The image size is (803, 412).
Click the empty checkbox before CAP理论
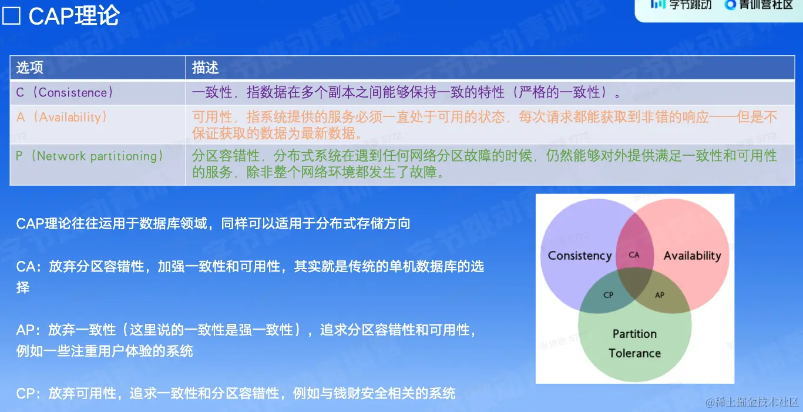11,16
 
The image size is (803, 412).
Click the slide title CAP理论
74,16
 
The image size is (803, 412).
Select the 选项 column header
30,68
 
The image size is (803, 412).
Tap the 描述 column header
205,68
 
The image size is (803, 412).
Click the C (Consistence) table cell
65,92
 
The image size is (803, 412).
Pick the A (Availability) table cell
62,118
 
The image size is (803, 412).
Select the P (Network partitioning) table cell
89,156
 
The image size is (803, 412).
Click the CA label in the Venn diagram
634,255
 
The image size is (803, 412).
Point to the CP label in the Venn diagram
609,295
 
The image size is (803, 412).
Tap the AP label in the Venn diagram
660,295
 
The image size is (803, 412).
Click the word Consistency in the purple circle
580,256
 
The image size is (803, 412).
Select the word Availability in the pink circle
692,256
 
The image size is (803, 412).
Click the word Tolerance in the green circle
634,353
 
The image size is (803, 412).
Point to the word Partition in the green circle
634,334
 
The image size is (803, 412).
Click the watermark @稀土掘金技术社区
752,403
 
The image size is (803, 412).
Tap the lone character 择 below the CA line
22,287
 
